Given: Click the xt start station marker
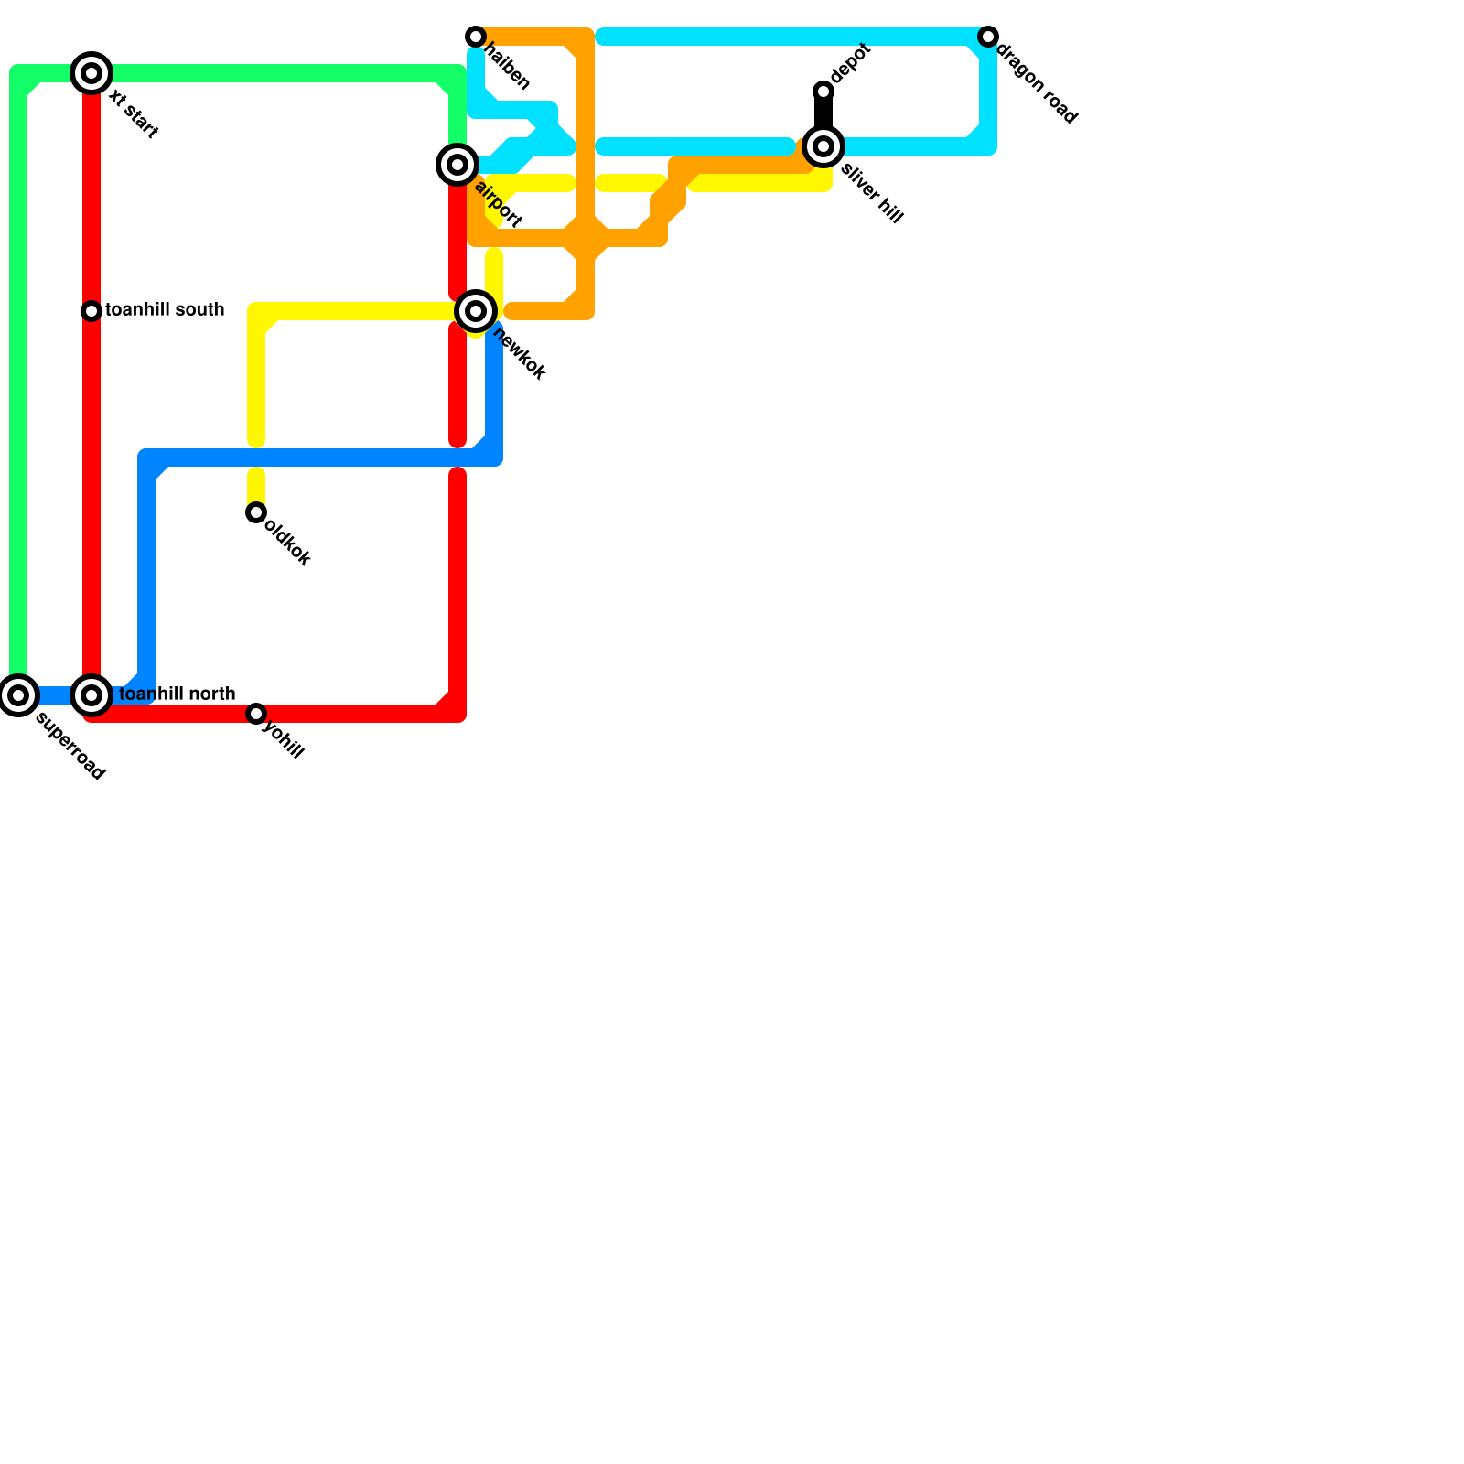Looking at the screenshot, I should coord(91,73).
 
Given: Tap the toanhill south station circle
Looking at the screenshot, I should coord(91,311).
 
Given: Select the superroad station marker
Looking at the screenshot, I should coord(18,695).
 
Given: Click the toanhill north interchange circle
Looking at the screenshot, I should coord(91,695).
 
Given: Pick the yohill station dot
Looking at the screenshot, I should coord(256,714).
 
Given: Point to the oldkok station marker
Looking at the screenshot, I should coord(256,512).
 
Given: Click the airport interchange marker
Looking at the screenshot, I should coord(457,165).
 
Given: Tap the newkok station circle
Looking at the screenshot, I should coord(476,311).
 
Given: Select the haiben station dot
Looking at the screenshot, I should coord(476,37).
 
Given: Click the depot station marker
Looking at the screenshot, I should coord(823,91).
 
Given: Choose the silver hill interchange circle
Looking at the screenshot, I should coord(823,146).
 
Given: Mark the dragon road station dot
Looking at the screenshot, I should coord(988,37).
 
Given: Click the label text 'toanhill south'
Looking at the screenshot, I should coord(165,310).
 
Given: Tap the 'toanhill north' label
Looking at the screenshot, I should coord(178,694).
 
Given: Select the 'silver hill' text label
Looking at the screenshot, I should coord(872,193).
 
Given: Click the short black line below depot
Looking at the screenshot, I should coord(823,114).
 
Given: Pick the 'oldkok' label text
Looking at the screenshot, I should coord(287,543).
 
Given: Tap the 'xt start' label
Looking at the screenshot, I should coord(134,114).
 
